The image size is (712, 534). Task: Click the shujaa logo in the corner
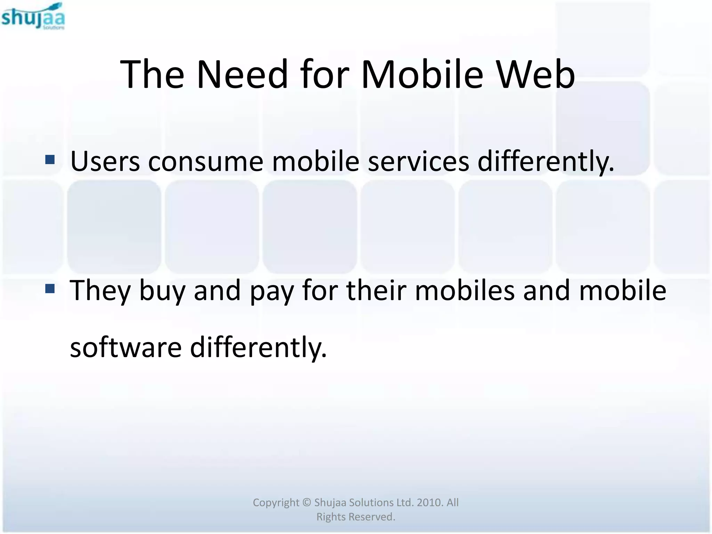[x=33, y=16]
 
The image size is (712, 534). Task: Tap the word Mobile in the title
[x=422, y=74]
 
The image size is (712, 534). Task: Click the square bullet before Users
[x=50, y=160]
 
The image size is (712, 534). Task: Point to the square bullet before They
[x=50, y=289]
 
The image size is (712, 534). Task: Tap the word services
[x=418, y=162]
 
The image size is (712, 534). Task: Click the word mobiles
[x=465, y=290]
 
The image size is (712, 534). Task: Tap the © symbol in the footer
[x=306, y=502]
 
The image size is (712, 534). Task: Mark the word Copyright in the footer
[x=276, y=503]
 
